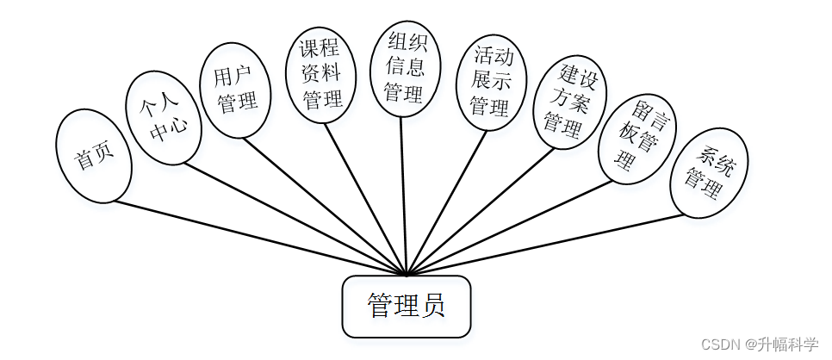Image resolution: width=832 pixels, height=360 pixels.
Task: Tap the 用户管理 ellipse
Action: (235, 90)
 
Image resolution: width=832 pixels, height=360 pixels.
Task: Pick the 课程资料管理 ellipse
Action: (320, 74)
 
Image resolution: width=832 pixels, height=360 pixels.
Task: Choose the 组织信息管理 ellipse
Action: (405, 67)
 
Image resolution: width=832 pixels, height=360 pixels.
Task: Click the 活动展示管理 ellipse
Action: (491, 82)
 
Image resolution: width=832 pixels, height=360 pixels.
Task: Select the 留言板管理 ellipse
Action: (636, 136)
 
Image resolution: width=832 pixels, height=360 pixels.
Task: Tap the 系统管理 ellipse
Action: (709, 172)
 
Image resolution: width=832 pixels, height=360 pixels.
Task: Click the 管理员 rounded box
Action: (407, 307)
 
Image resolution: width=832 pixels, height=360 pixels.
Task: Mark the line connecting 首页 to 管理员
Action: (258, 239)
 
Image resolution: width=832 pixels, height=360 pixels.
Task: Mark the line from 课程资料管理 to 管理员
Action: (366, 200)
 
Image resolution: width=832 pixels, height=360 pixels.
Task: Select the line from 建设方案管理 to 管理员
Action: (479, 211)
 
